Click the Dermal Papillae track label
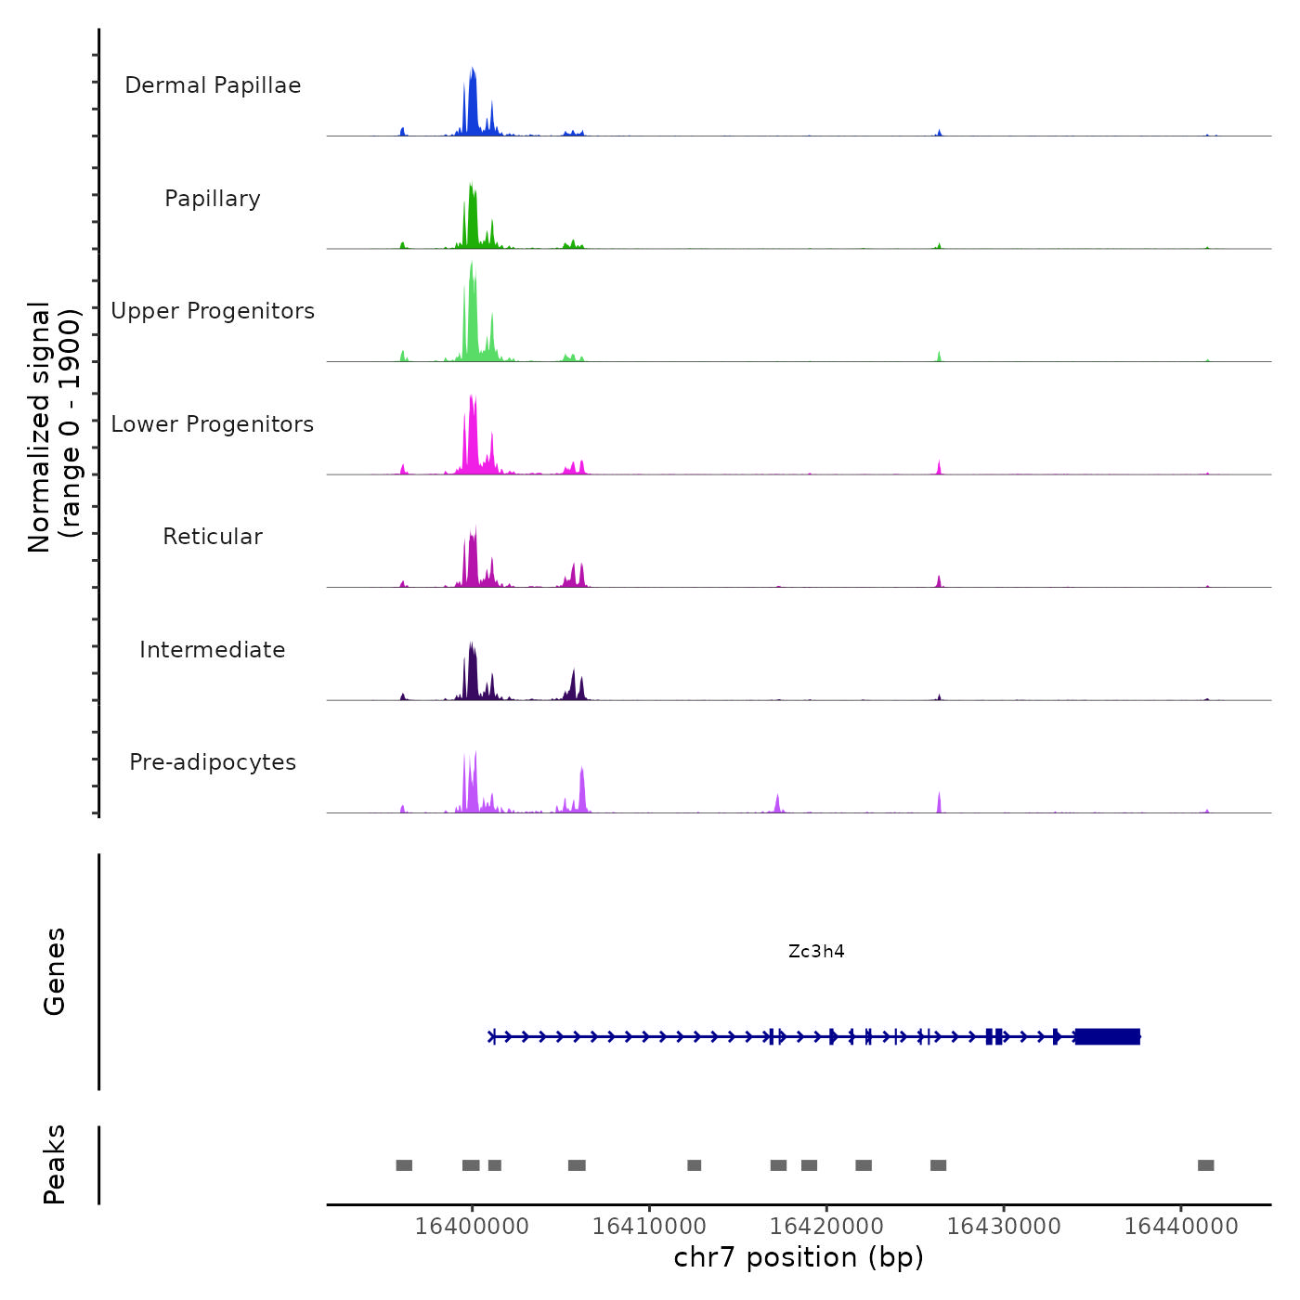pos(213,85)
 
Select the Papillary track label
pos(213,199)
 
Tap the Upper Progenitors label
pos(213,311)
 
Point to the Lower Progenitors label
pos(213,424)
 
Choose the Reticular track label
pos(213,537)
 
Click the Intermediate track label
pos(213,650)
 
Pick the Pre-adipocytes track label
pos(213,762)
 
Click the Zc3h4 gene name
pos(816,951)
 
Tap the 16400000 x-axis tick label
pos(472,1226)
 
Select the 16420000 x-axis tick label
pos(826,1226)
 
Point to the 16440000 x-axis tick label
pos(1181,1226)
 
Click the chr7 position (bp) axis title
pos(799,1257)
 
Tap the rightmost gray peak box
pos(1205,1165)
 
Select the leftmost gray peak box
pos(404,1165)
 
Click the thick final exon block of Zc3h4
pos(1107,1036)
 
